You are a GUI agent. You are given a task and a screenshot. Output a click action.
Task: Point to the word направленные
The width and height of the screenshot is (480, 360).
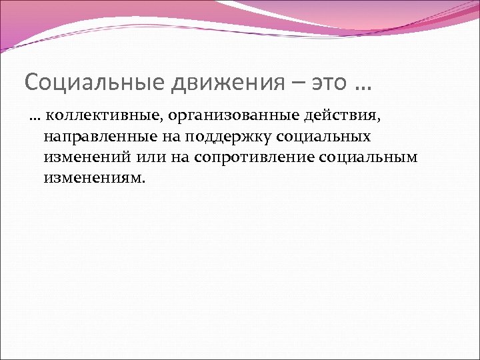pyautogui.click(x=95, y=138)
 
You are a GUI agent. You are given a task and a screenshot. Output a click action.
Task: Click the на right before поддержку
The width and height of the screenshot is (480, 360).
pyautogui.click(x=163, y=138)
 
